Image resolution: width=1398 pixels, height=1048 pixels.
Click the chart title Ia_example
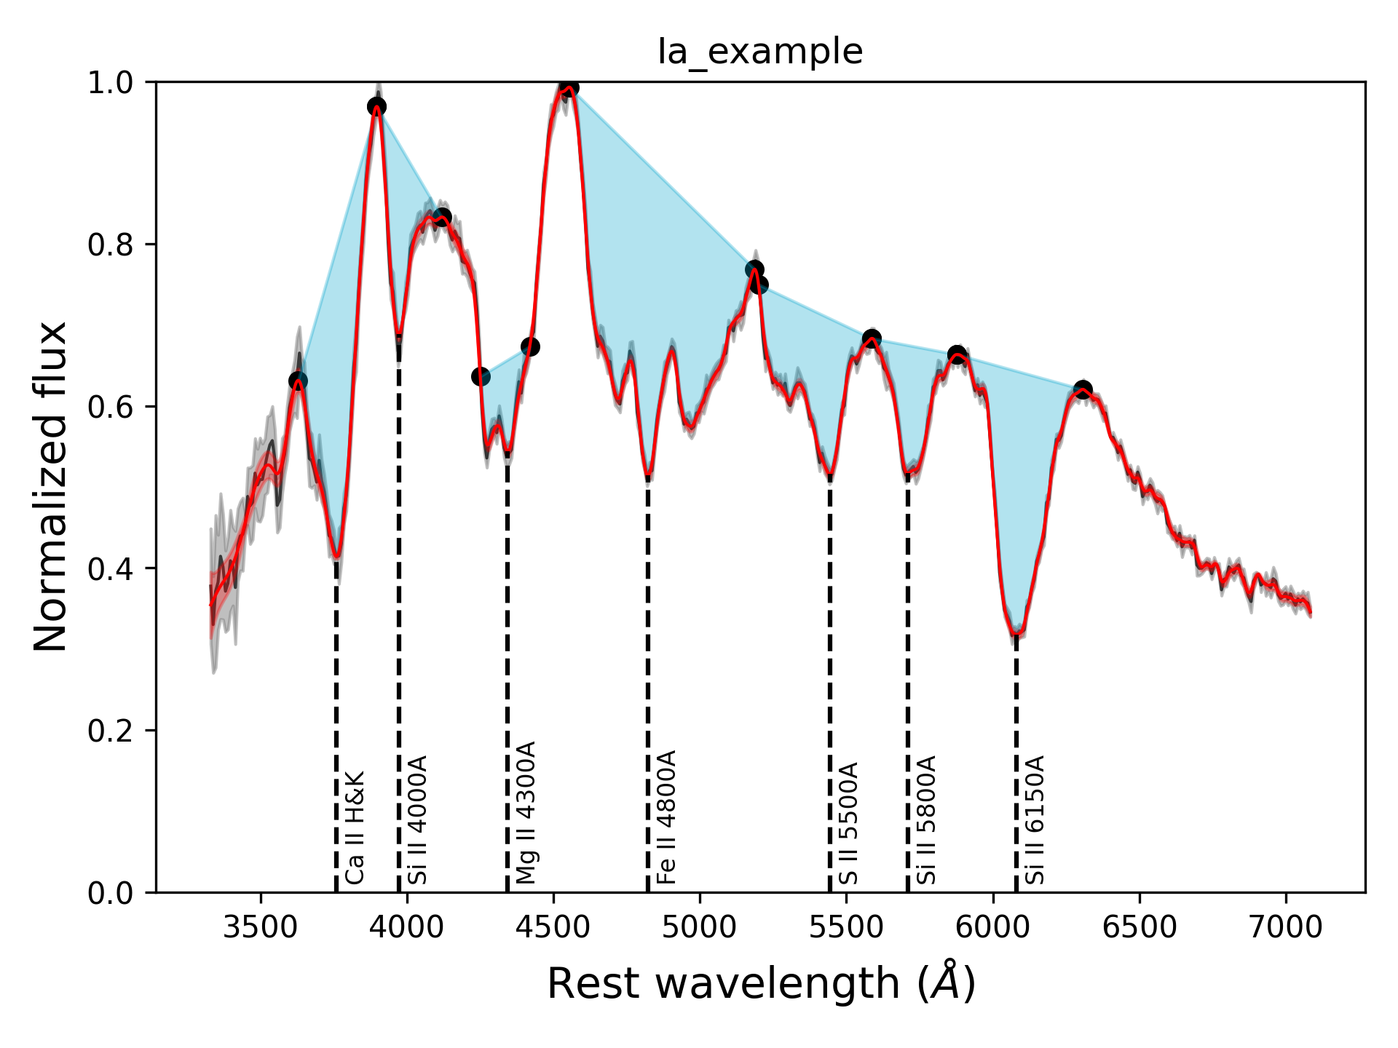(760, 52)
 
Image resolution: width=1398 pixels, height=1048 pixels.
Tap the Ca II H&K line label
(355, 828)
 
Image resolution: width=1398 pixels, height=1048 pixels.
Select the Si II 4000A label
(417, 820)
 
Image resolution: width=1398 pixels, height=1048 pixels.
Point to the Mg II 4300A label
(526, 813)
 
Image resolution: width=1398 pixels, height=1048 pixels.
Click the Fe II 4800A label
(666, 817)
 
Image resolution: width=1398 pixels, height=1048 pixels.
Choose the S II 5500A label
(849, 824)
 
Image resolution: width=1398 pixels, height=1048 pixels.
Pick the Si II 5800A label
(926, 820)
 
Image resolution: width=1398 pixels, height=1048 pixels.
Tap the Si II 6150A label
(1035, 820)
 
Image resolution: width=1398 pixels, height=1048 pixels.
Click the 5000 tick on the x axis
(700, 928)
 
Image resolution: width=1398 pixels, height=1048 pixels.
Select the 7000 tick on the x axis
(1285, 928)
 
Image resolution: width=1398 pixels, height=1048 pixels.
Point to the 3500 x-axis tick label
(260, 928)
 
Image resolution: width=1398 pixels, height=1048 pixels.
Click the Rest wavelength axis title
(760, 984)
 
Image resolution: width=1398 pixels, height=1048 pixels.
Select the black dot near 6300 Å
(1083, 389)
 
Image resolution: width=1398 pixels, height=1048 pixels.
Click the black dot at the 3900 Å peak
(376, 107)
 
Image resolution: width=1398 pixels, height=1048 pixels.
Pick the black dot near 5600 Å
(872, 338)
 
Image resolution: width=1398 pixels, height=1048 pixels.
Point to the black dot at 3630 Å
(298, 381)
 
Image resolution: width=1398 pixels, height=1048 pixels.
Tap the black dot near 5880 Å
(957, 355)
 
